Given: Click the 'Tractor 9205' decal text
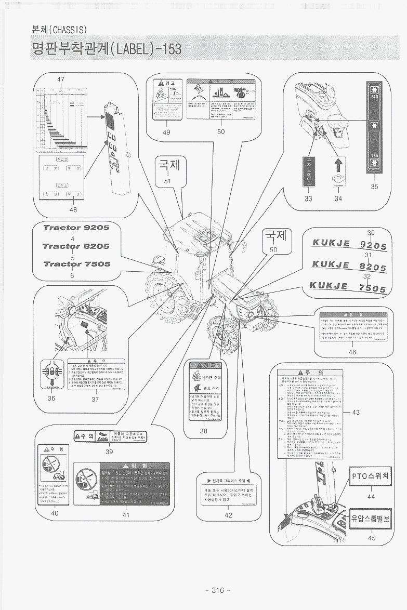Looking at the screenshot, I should (x=76, y=228).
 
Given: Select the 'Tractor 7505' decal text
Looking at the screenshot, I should (x=76, y=264).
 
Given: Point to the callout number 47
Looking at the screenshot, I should (x=61, y=79).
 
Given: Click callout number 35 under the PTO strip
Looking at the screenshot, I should (x=375, y=187).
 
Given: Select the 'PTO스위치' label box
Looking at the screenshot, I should (x=370, y=475).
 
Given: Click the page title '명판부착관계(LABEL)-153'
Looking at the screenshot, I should (x=107, y=49).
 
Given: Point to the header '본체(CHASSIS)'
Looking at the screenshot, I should (x=59, y=29).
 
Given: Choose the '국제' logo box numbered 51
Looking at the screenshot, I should (x=169, y=166).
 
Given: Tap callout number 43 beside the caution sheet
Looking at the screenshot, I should (x=356, y=412).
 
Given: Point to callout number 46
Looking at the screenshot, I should (x=352, y=352).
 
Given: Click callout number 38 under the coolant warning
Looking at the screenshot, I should (x=203, y=430).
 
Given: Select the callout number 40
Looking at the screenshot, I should (x=55, y=513).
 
